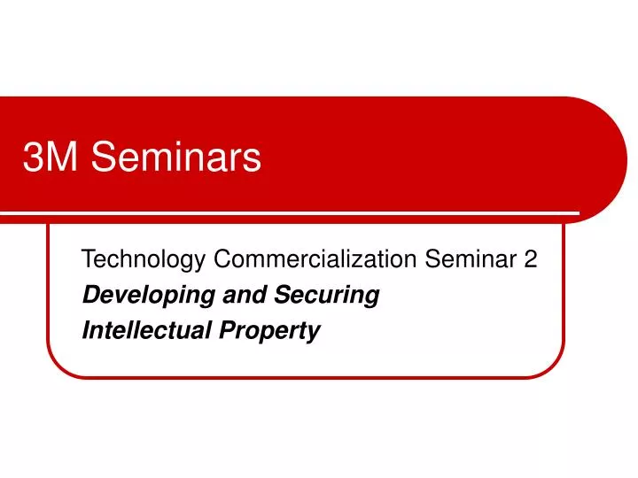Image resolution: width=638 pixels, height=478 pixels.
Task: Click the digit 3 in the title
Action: click(x=33, y=158)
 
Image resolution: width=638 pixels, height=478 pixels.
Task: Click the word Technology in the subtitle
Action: click(x=144, y=260)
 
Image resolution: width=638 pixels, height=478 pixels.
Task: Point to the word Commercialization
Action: click(x=315, y=259)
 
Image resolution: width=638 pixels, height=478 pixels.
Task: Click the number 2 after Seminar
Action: click(x=530, y=259)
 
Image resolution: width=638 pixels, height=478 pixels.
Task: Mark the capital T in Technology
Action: click(x=87, y=259)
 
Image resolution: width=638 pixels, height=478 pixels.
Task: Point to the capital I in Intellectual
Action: click(x=85, y=331)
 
